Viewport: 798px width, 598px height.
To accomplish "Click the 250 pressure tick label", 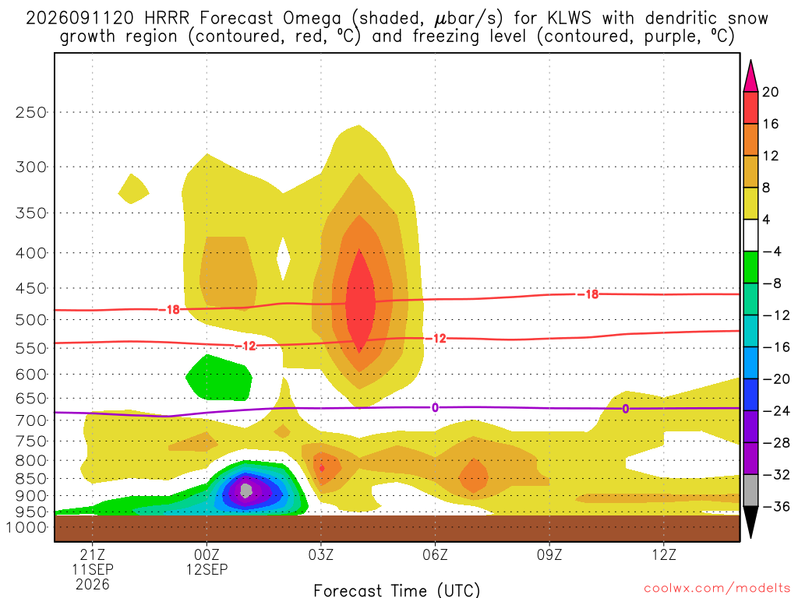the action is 31,112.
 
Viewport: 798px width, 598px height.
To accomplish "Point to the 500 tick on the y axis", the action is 31,320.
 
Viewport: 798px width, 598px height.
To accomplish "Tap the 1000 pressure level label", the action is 26,527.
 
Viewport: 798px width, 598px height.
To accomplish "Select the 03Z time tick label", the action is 320,554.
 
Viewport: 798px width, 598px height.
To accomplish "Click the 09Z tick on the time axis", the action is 549,554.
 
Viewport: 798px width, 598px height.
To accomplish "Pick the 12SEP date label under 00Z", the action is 207,569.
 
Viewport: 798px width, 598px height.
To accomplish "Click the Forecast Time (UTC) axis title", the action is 397,590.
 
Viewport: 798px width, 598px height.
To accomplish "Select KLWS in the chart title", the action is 569,18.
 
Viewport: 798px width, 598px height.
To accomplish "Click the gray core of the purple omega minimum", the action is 246,491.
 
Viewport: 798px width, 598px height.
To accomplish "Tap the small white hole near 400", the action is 284,259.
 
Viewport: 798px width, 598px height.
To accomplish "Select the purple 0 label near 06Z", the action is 435,408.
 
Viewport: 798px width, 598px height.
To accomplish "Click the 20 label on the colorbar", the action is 771,92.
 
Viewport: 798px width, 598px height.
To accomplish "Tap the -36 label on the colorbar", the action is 776,506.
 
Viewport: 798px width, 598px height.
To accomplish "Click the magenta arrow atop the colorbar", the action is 750,76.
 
